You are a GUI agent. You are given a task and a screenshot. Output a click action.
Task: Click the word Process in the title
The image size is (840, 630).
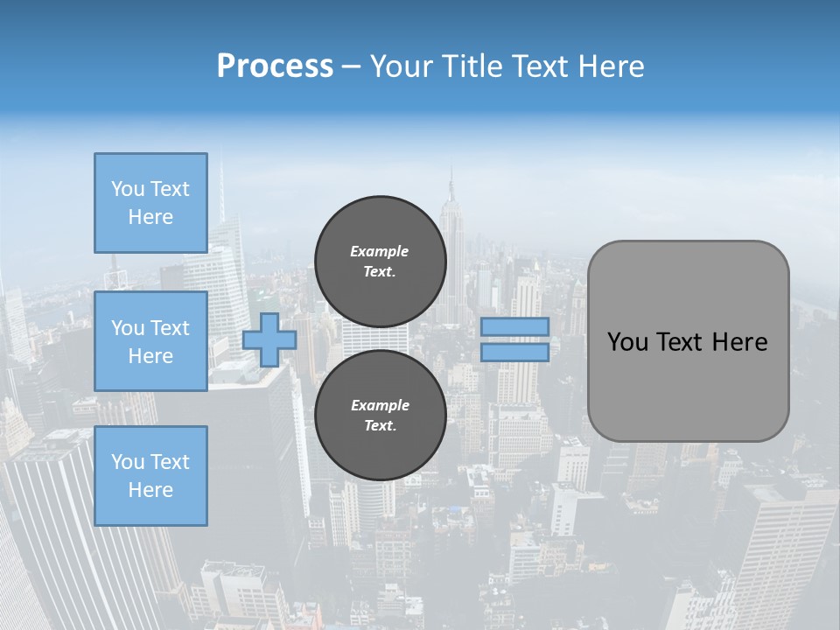275,66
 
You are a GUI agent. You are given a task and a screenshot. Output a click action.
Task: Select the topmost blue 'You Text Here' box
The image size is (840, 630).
150,203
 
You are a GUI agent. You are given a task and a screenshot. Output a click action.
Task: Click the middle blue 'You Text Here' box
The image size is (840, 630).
150,341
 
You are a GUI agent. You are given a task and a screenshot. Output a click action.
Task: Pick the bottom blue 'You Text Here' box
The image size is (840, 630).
150,476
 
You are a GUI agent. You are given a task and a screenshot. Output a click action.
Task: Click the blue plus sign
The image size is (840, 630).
269,339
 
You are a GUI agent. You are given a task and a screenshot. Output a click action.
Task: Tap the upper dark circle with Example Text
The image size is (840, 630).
380,262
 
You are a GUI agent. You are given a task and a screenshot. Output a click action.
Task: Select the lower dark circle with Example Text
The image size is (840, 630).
380,416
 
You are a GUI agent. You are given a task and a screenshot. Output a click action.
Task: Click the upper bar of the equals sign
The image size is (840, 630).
514,327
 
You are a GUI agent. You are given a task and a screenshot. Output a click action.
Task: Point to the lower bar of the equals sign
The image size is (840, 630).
514,352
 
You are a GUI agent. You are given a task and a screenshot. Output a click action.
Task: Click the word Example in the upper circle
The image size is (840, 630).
380,251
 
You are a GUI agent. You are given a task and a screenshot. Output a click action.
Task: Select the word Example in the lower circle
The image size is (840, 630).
380,405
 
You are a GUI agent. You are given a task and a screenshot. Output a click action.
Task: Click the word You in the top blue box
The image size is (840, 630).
127,189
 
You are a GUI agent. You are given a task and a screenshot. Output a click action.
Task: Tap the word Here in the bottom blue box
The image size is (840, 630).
150,490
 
